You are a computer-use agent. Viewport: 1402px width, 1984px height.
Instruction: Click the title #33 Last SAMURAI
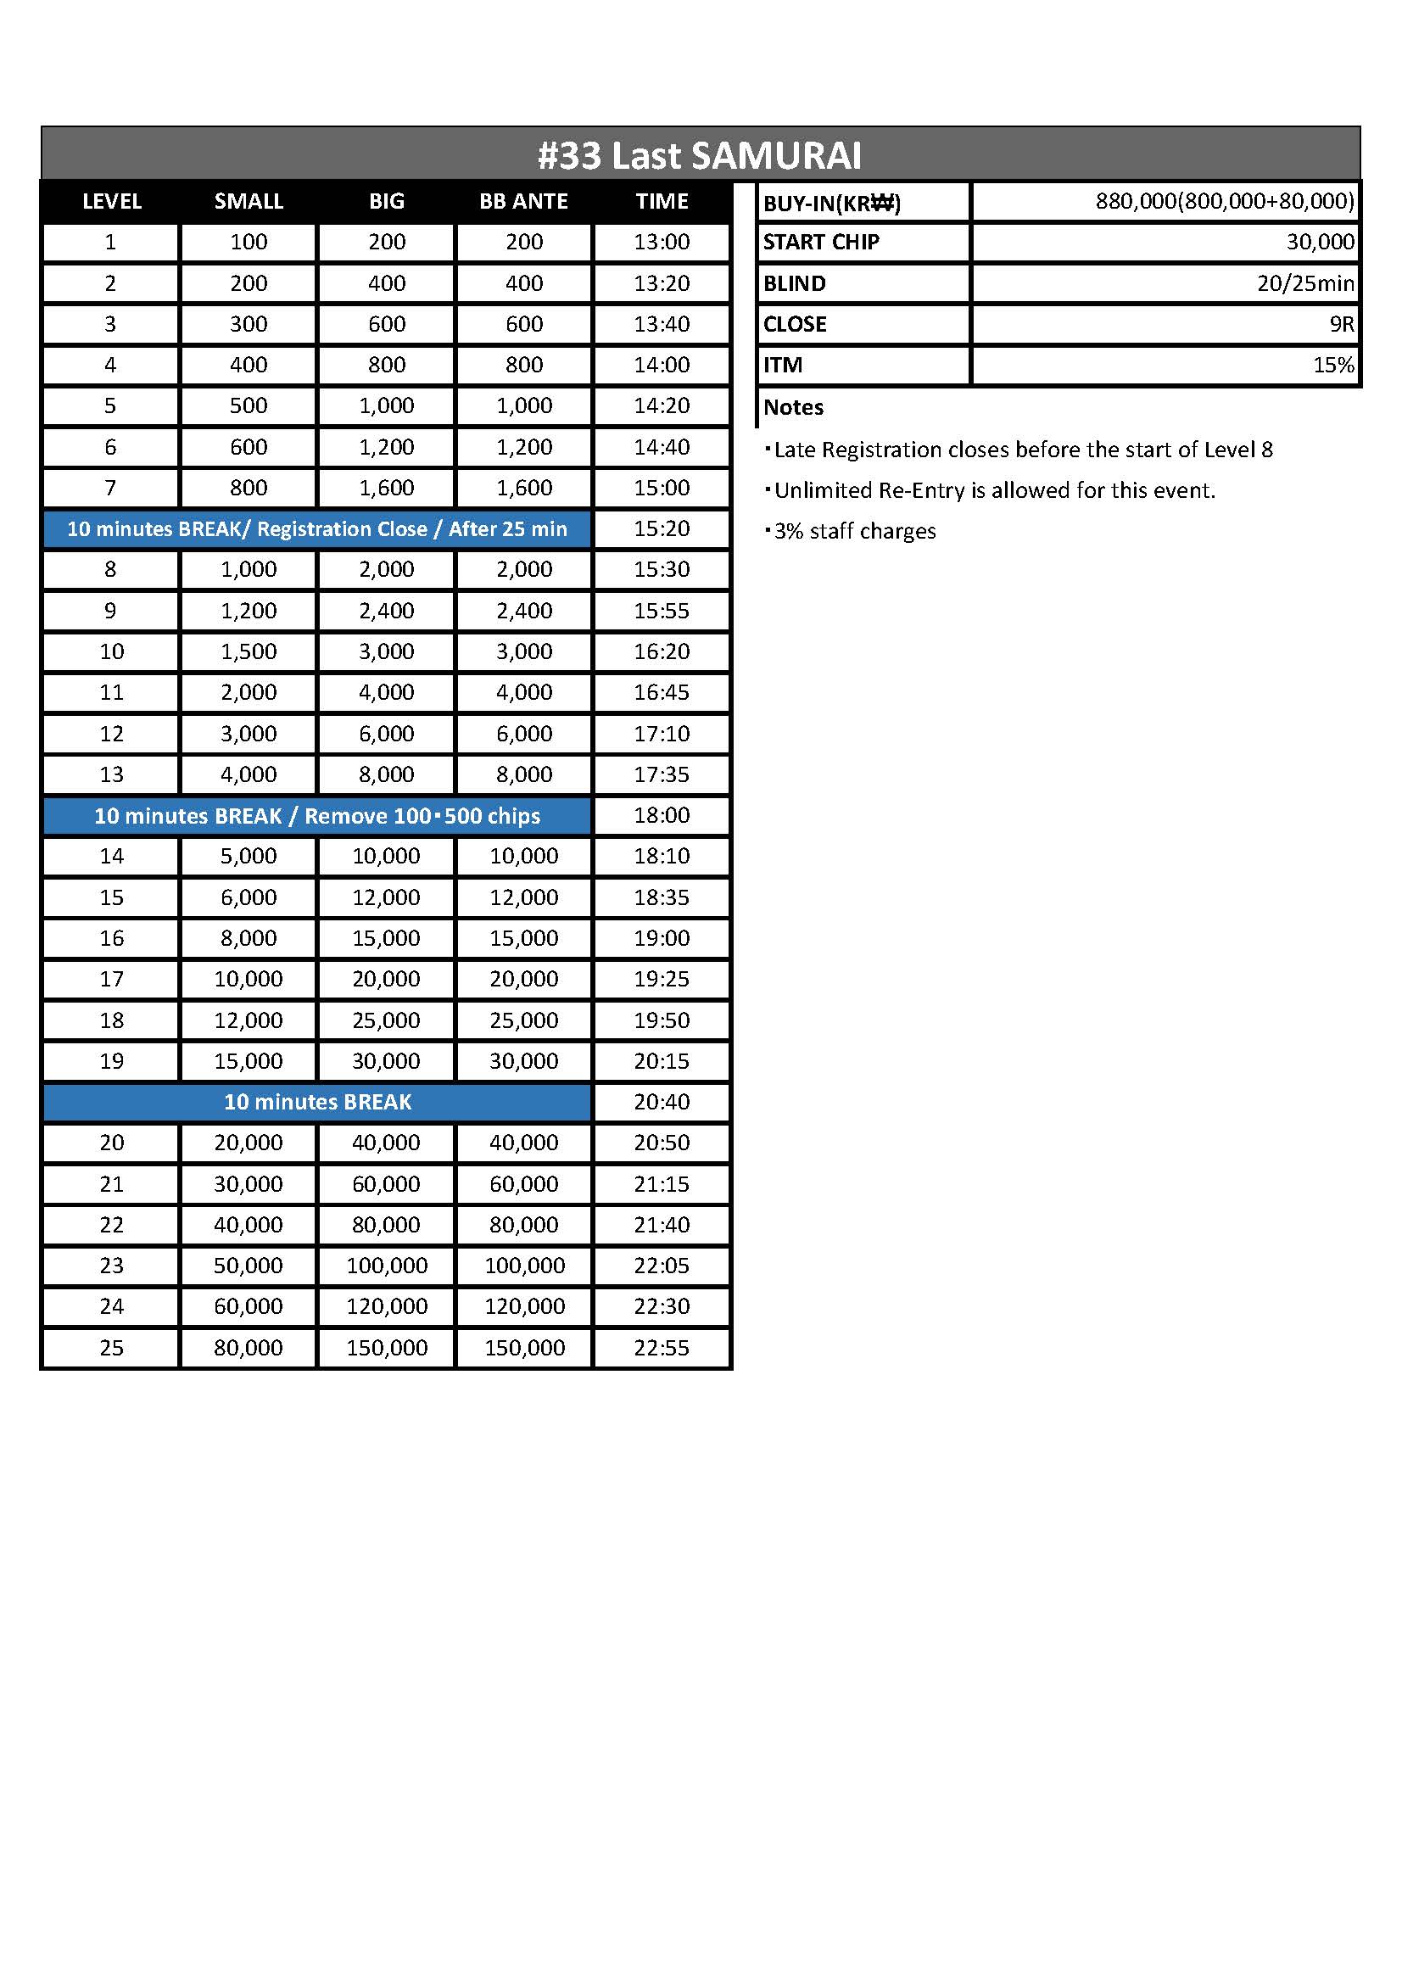pyautogui.click(x=700, y=155)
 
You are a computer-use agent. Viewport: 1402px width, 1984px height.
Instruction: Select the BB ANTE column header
pyautogui.click(x=523, y=201)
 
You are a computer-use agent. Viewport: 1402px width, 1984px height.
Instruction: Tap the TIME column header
pyautogui.click(x=662, y=201)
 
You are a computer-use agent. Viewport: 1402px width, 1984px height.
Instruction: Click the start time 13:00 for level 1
pyautogui.click(x=662, y=242)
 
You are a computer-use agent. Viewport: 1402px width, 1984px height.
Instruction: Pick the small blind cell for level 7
pyautogui.click(x=249, y=488)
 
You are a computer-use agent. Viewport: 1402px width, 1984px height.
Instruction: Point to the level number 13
pyautogui.click(x=111, y=774)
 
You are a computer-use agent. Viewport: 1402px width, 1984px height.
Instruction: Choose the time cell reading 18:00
pyautogui.click(x=662, y=815)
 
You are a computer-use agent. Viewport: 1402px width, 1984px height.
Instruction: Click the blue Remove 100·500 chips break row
pyautogui.click(x=317, y=816)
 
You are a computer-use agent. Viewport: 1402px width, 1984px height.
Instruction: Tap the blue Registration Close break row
pyautogui.click(x=317, y=528)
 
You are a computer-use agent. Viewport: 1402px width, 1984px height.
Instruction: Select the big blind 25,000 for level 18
pyautogui.click(x=386, y=1020)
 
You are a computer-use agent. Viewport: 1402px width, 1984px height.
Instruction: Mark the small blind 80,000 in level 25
pyautogui.click(x=249, y=1347)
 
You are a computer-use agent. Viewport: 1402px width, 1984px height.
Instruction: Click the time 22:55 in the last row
pyautogui.click(x=662, y=1347)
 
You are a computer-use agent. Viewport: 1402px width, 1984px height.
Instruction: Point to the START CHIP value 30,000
pyautogui.click(x=1320, y=242)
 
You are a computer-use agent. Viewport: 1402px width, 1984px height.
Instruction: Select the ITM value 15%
pyautogui.click(x=1333, y=365)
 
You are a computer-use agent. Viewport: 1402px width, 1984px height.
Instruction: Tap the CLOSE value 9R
pyautogui.click(x=1342, y=324)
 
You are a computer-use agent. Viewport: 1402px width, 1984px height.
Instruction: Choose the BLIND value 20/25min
pyautogui.click(x=1305, y=283)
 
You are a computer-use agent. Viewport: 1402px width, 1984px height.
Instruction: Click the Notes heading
pyautogui.click(x=793, y=407)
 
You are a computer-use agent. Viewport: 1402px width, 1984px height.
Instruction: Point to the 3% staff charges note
pyautogui.click(x=853, y=530)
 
